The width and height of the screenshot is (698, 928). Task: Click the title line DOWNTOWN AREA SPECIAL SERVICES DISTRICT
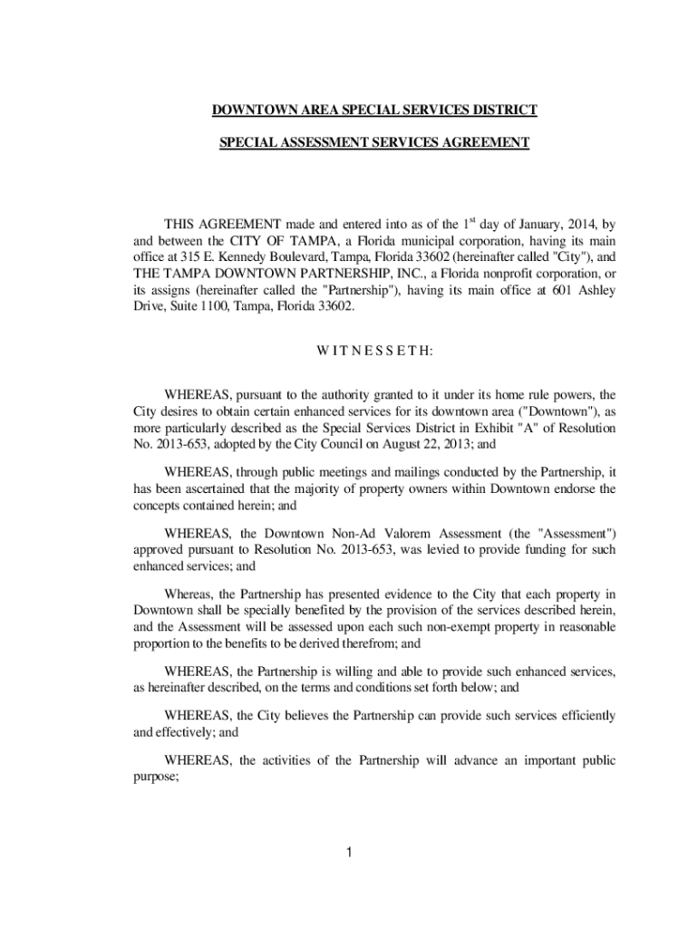374,111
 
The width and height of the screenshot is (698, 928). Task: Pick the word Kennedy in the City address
238,256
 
